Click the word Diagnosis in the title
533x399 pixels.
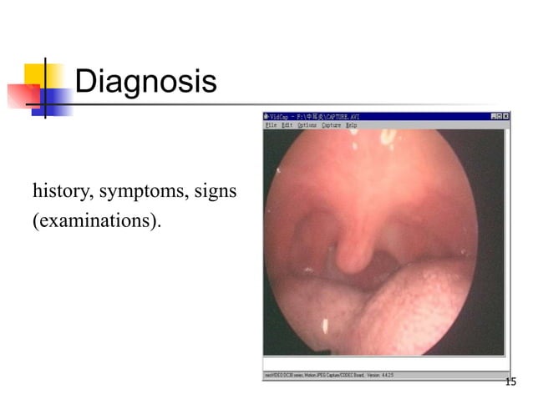click(x=145, y=82)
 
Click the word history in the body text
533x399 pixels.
click(x=63, y=193)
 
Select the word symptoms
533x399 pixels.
click(x=145, y=194)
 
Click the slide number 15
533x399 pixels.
click(x=510, y=382)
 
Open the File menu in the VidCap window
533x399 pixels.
click(x=271, y=124)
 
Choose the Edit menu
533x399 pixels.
click(x=287, y=124)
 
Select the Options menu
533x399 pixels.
click(x=307, y=124)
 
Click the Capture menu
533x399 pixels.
click(x=332, y=124)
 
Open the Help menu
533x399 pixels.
click(x=352, y=124)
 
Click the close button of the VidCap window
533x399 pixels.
click(x=505, y=116)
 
